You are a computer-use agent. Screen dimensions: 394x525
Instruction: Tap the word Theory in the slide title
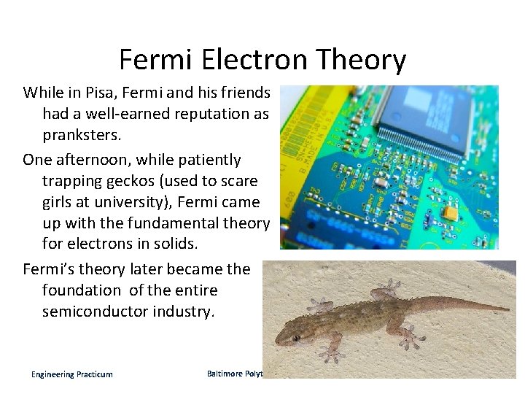tap(362, 60)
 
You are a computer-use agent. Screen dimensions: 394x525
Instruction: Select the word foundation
tap(82, 290)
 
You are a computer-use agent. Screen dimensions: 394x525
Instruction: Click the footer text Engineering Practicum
tap(72, 374)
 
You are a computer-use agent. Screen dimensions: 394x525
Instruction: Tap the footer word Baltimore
tap(224, 374)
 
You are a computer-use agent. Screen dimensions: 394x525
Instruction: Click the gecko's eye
tap(295, 338)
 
